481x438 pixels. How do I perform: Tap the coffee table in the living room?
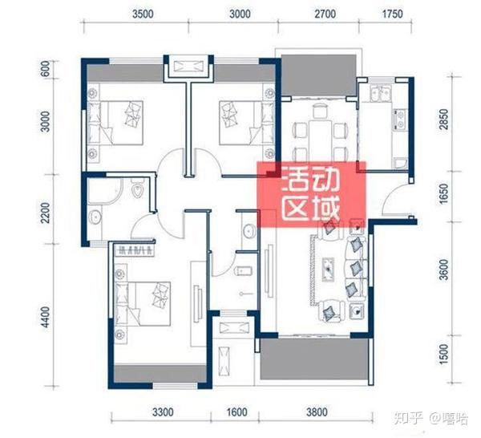pos(328,269)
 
